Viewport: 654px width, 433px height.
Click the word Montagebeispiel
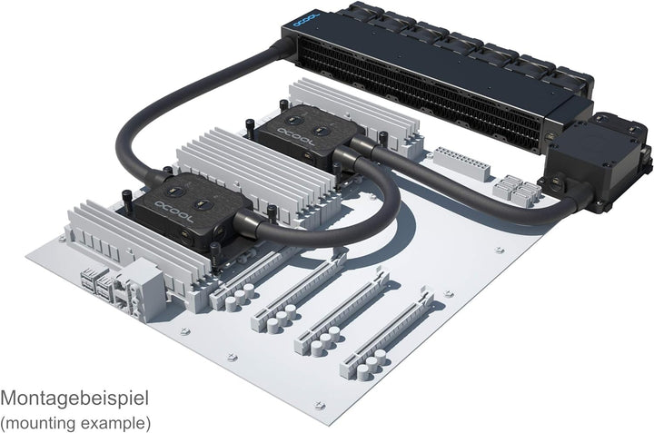click(x=74, y=399)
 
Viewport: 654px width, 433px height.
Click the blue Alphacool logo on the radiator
click(x=306, y=20)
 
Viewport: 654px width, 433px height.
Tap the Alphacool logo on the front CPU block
click(x=173, y=212)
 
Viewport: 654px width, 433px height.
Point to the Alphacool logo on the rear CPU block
click(x=295, y=138)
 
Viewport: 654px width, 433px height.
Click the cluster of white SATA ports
click(x=517, y=191)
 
